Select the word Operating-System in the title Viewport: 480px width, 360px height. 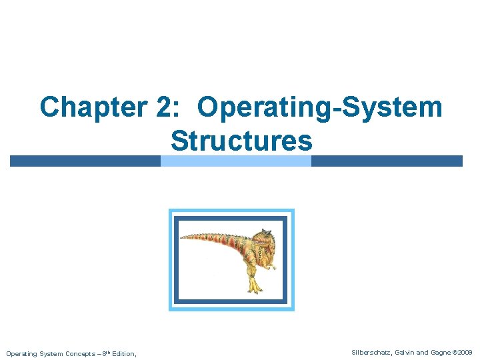[320, 107]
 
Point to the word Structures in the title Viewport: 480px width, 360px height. [241, 141]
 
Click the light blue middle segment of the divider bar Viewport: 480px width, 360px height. [236, 161]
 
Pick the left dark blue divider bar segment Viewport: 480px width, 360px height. [85, 161]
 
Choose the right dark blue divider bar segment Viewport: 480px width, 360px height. [387, 161]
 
